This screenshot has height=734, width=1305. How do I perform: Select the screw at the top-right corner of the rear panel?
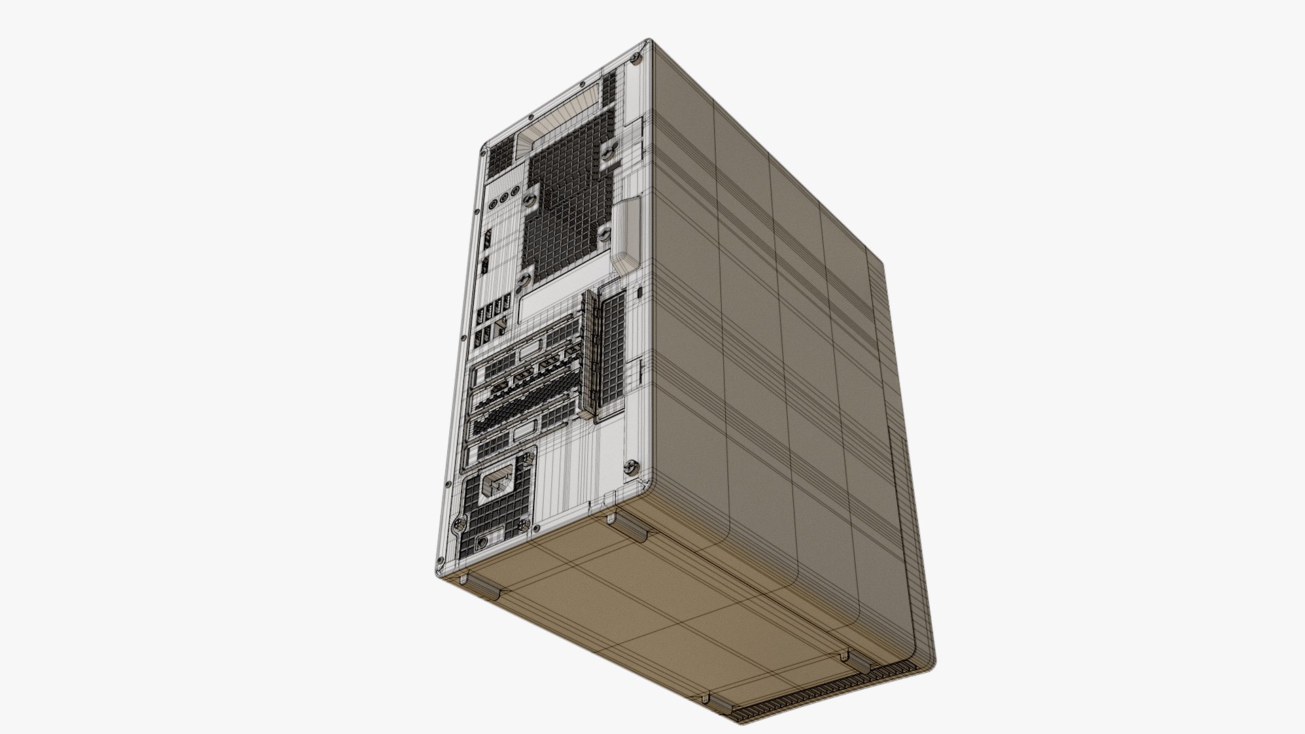[636, 60]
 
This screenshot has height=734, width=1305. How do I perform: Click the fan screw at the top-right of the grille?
[606, 156]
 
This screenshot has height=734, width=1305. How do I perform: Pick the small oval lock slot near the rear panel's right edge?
[642, 293]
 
